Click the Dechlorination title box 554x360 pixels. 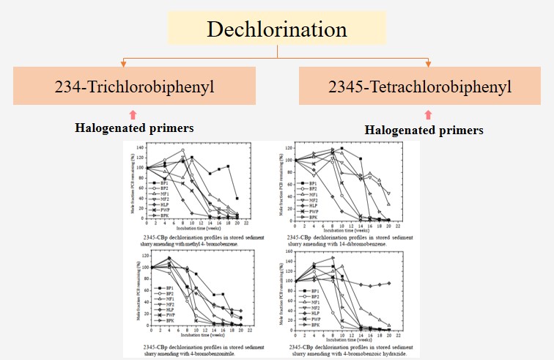pyautogui.click(x=276, y=29)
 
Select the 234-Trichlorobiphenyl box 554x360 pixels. pyautogui.click(x=134, y=86)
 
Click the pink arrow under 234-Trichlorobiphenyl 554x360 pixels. pyautogui.click(x=133, y=113)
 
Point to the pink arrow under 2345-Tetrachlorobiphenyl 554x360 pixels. pyautogui.click(x=428, y=114)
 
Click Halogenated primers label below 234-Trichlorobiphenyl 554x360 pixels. pyautogui.click(x=134, y=128)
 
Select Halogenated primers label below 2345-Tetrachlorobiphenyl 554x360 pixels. pyautogui.click(x=424, y=130)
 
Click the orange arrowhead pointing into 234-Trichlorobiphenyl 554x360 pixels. pyautogui.click(x=125, y=63)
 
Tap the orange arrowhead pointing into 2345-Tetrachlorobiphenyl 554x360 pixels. pyautogui.click(x=428, y=63)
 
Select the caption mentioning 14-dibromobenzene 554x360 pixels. pyautogui.click(x=346, y=242)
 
